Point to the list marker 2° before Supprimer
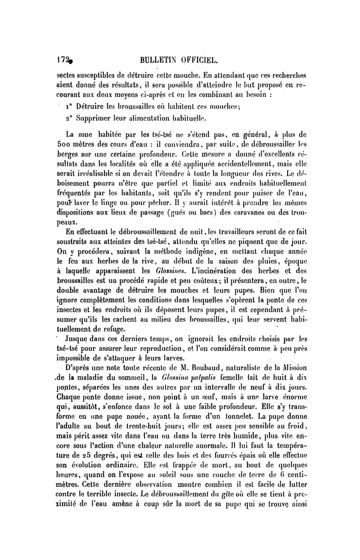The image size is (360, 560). [68, 119]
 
